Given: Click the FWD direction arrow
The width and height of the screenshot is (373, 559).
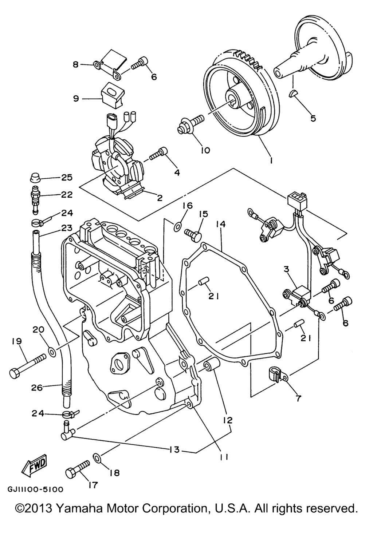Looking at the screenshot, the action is pyautogui.click(x=34, y=464).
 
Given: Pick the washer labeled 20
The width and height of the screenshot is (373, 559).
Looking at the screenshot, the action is pyautogui.click(x=53, y=352).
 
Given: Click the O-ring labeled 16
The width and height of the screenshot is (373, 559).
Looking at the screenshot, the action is pyautogui.click(x=177, y=226).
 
